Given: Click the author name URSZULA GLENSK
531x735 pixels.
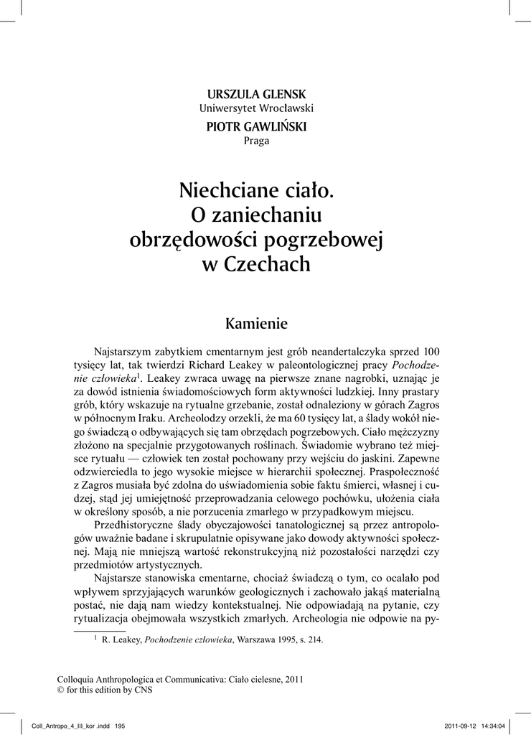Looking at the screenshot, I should click(x=256, y=95).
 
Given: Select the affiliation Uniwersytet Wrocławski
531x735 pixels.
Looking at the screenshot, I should click(x=256, y=108).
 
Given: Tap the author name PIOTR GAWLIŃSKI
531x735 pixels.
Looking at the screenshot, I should click(x=256, y=126).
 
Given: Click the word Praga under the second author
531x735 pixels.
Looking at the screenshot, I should click(x=256, y=141).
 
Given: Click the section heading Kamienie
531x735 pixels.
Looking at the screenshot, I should click(x=256, y=323).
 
